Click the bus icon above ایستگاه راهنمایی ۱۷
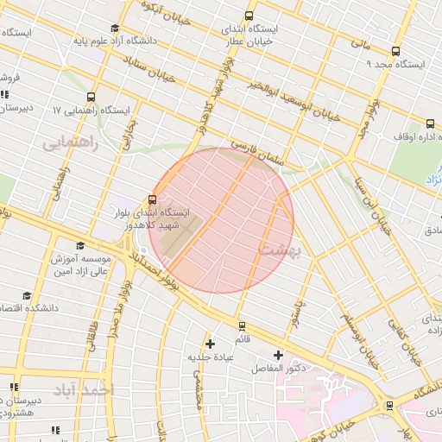coord(92,97)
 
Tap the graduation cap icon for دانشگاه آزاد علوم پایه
coord(116,28)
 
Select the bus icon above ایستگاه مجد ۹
coord(395,51)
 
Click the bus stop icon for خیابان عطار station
coord(249,16)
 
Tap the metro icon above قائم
coord(241,326)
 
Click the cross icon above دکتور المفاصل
coord(278,355)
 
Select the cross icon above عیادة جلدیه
coord(210,344)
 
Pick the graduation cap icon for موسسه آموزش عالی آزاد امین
coord(80,246)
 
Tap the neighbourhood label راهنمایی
coord(71,142)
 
